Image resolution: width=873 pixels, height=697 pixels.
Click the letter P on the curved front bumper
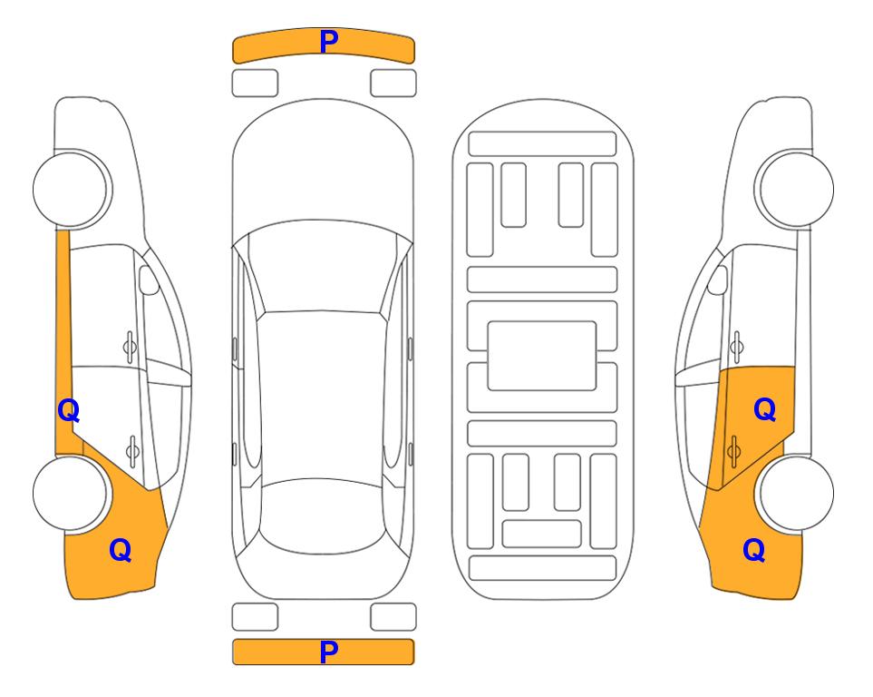coord(328,42)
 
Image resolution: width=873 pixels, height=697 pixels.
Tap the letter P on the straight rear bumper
coord(328,652)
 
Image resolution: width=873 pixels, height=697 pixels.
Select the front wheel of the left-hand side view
coord(72,189)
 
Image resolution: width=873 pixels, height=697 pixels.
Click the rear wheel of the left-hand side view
coord(71,493)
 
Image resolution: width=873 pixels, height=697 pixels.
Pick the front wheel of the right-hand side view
coord(795,189)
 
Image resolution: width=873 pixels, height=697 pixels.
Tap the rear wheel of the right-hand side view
coord(796,493)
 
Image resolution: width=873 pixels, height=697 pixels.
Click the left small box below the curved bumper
coord(255,83)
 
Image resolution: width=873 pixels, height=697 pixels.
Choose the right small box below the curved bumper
coord(393,83)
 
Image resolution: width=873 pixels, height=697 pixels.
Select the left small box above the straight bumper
coord(255,617)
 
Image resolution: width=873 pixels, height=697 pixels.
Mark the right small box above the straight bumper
coord(393,617)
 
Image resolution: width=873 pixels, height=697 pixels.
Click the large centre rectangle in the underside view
coord(542,356)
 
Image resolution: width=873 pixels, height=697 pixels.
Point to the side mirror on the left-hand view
coord(148,280)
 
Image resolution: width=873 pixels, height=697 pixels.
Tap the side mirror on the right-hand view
coord(718,280)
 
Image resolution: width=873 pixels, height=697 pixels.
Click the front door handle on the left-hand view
coord(130,348)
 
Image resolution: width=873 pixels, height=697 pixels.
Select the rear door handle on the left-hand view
coord(132,450)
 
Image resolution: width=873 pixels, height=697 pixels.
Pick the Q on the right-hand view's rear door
coord(764,410)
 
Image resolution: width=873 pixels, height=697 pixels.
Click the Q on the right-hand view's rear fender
coord(754,550)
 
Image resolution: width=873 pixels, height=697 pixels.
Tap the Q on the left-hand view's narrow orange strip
coord(69,411)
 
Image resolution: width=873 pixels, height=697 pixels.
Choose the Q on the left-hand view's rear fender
coord(121,550)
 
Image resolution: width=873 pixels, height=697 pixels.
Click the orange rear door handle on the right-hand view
coord(733,451)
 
